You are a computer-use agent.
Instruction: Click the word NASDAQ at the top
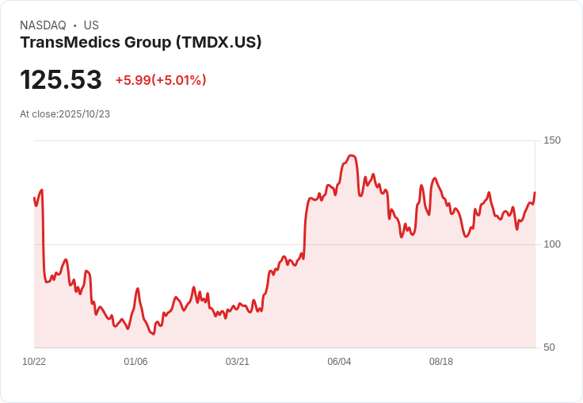(x=43, y=25)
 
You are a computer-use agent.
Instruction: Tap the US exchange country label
(x=91, y=25)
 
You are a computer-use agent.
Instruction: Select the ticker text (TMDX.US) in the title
(x=219, y=43)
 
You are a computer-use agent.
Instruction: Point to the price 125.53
(x=61, y=80)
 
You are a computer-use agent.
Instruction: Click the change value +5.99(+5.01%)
(x=161, y=80)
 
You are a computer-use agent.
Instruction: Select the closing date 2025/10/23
(x=84, y=114)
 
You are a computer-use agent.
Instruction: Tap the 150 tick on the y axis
(x=551, y=140)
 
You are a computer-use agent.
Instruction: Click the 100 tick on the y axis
(x=551, y=244)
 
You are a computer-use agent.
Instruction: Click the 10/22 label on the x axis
(x=34, y=362)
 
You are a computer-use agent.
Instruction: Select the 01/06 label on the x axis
(x=135, y=362)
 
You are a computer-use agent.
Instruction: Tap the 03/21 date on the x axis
(x=238, y=362)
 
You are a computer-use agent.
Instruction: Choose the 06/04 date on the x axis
(x=339, y=362)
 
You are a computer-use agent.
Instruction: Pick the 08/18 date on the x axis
(x=440, y=362)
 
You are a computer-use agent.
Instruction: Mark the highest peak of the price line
(x=352, y=155)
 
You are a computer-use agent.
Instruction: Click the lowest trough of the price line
(x=154, y=334)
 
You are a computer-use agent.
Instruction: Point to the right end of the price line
(x=535, y=193)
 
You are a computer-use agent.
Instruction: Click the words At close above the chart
(x=39, y=114)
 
